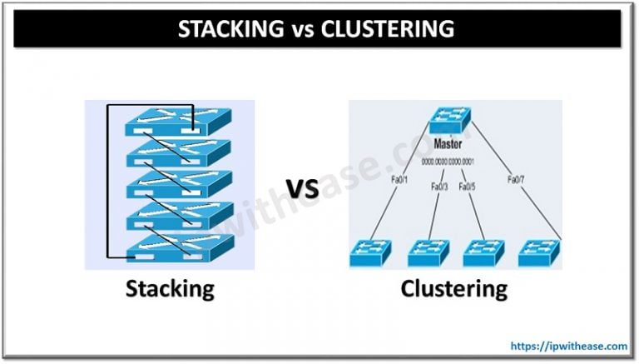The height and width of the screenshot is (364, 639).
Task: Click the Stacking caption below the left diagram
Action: (x=170, y=289)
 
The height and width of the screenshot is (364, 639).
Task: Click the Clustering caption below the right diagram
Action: (x=453, y=289)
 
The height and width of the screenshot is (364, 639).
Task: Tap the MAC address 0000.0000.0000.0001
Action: (x=450, y=161)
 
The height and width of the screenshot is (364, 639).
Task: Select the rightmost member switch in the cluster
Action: (x=538, y=252)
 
